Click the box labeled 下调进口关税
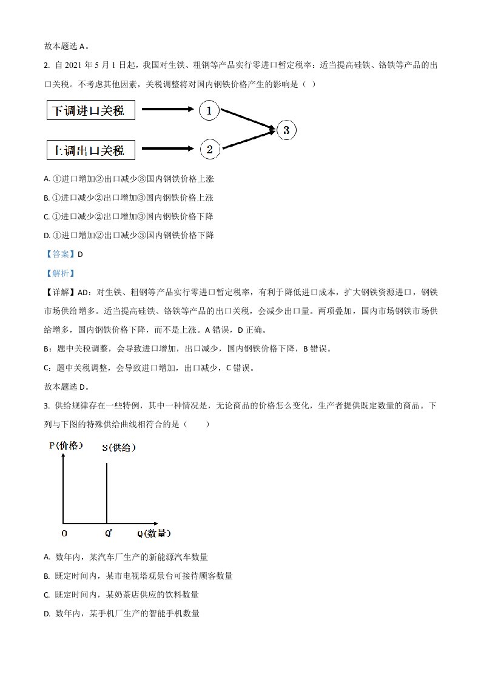[x=90, y=110]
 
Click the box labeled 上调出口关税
[x=90, y=150]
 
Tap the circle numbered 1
[x=209, y=110]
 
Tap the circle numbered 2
[x=209, y=150]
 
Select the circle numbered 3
[x=286, y=130]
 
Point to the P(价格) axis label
[x=65, y=446]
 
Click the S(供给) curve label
[x=118, y=448]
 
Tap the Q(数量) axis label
[x=153, y=534]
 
